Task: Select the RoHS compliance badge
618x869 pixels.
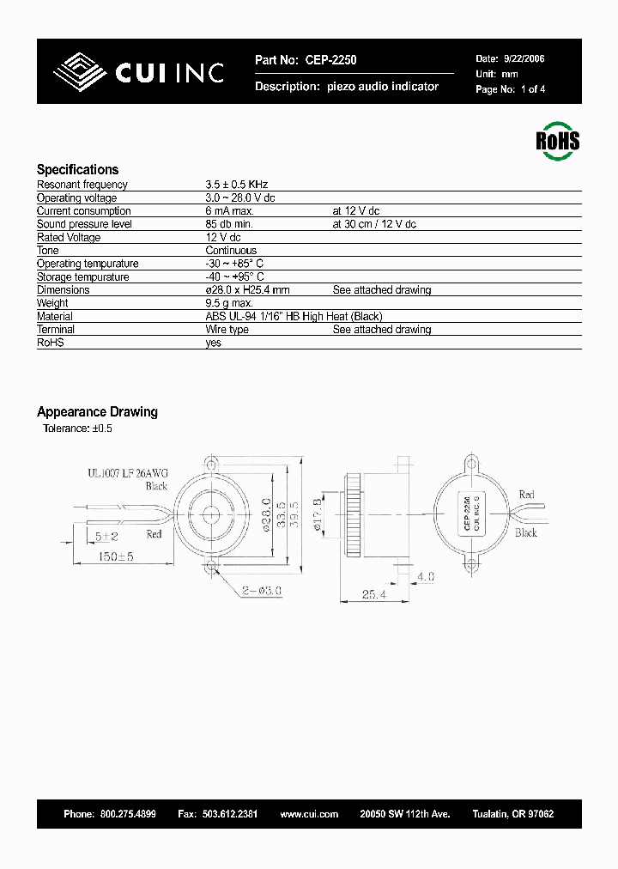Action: (557, 140)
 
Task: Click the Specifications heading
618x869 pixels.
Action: (77, 170)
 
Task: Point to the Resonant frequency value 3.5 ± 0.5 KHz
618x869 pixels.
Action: (238, 185)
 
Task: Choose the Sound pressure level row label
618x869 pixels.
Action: (84, 224)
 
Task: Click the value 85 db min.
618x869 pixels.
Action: (230, 224)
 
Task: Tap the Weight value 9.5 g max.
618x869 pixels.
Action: (229, 303)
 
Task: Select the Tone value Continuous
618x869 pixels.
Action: (231, 251)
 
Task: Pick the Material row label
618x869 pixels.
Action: (55, 317)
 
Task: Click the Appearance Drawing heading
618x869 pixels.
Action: (97, 412)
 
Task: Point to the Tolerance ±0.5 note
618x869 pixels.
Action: (77, 428)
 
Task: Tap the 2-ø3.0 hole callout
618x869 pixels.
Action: (263, 591)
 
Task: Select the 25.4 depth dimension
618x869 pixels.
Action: (368, 593)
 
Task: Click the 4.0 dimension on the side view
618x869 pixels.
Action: (426, 575)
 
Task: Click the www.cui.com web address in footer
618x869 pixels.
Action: (309, 813)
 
